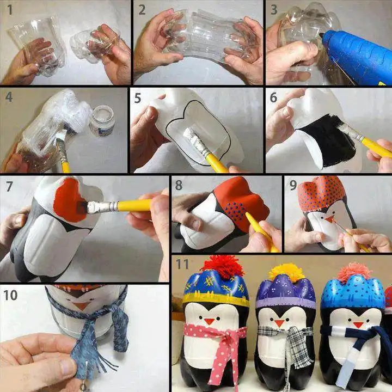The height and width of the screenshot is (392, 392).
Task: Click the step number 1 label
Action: pyautogui.click(x=8, y=10)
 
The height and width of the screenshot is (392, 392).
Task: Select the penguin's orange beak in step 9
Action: pyautogui.click(x=329, y=219)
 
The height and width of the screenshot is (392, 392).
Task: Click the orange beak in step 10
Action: pyautogui.click(x=81, y=306)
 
